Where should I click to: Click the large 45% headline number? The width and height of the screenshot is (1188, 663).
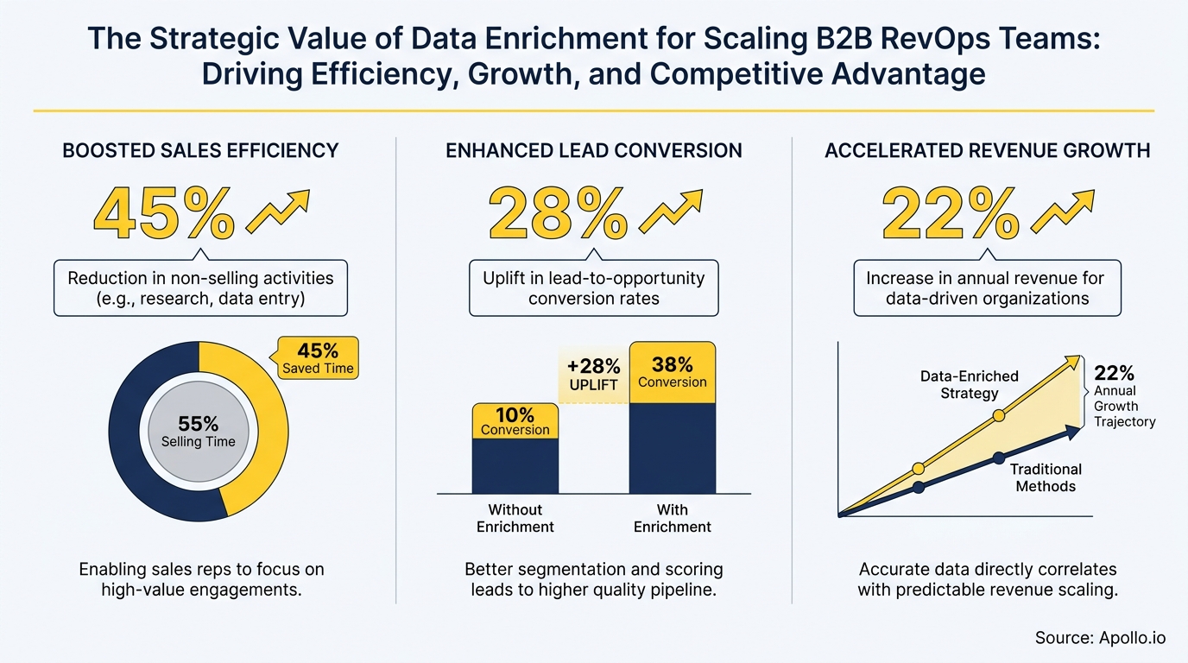coord(162,214)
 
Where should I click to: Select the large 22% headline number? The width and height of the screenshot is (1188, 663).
coord(950,214)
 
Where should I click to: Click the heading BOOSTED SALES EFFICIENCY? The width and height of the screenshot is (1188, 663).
coord(200,151)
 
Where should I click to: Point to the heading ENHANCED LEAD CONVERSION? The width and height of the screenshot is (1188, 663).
coord(594,151)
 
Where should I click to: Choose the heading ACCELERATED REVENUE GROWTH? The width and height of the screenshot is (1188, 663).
coord(988,151)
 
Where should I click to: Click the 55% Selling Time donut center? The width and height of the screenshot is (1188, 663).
coord(199,432)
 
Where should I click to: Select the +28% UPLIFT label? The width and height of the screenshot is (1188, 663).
coord(594,375)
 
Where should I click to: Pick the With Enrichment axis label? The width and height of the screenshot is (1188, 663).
coord(672,518)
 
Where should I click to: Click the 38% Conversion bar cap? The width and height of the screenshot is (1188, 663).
coord(672,373)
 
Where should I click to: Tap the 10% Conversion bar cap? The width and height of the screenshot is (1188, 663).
coord(515,420)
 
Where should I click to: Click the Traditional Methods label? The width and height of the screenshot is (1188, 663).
coord(1046,477)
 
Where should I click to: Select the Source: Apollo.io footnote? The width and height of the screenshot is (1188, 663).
coord(1100,638)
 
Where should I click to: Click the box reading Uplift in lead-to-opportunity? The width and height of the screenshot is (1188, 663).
coord(594,288)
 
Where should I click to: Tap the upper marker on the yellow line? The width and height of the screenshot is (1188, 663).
coord(999,415)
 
